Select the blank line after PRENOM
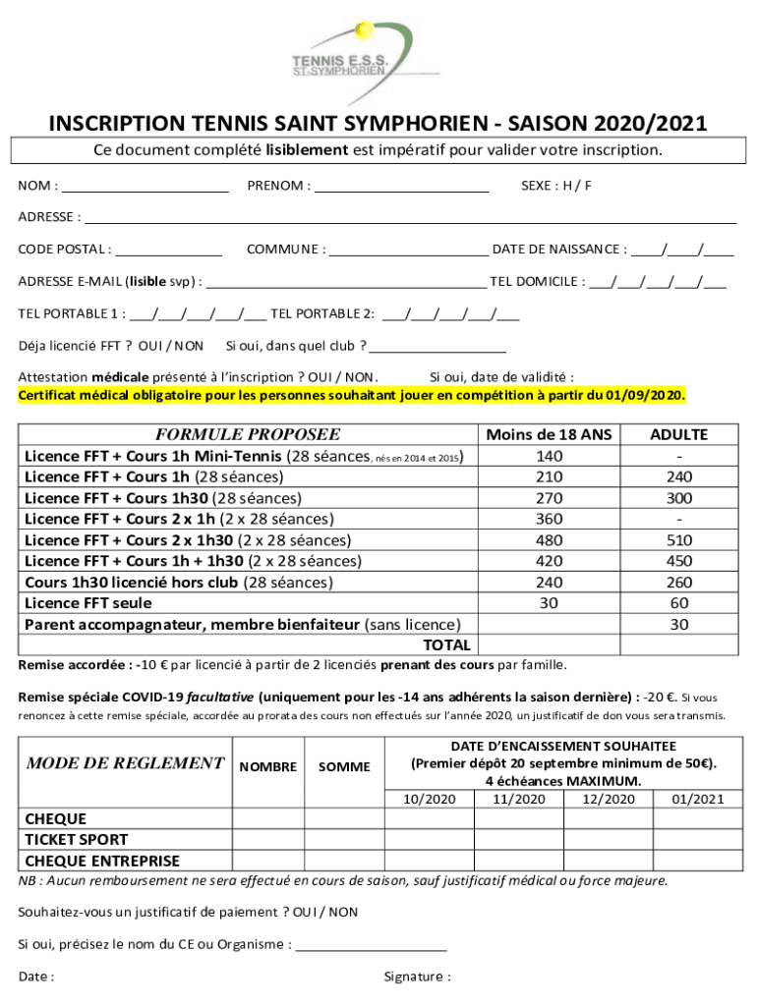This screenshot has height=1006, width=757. pyautogui.click(x=402, y=186)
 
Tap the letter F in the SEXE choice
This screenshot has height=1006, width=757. pyautogui.click(x=588, y=186)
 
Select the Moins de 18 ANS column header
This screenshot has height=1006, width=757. pyautogui.click(x=550, y=434)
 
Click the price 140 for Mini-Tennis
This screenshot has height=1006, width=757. pyautogui.click(x=550, y=456)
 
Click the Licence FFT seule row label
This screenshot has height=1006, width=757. pyautogui.click(x=88, y=603)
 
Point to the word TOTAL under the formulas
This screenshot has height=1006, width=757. pyautogui.click(x=445, y=645)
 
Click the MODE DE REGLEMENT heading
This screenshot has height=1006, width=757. pyautogui.click(x=125, y=763)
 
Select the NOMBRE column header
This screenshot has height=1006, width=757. pyautogui.click(x=268, y=766)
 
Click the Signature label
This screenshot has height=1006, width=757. pyautogui.click(x=417, y=977)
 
